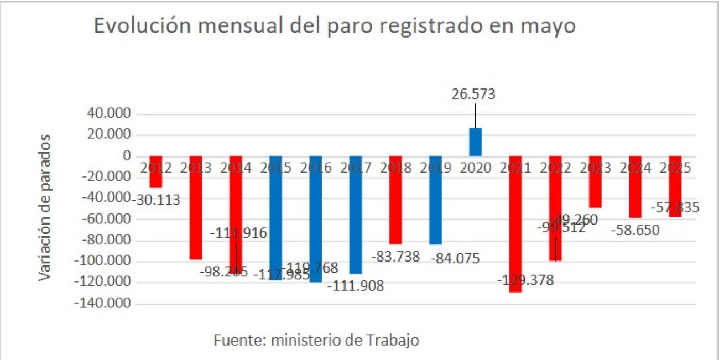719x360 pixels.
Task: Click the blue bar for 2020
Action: click(x=476, y=142)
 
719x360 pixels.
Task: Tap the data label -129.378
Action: click(x=525, y=280)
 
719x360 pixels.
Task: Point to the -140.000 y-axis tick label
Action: click(x=106, y=304)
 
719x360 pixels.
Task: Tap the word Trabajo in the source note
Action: click(x=393, y=340)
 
